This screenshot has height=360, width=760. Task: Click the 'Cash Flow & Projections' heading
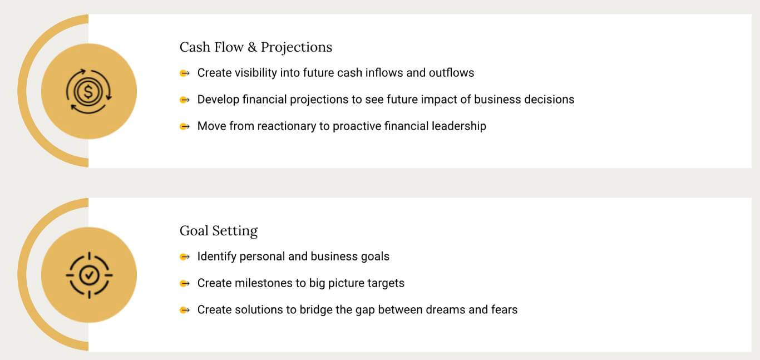(256, 47)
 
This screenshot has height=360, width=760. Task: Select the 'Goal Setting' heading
(219, 231)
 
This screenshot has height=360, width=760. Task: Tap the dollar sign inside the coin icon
(88, 92)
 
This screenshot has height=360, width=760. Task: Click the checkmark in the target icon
(89, 275)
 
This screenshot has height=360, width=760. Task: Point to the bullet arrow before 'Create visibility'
(185, 73)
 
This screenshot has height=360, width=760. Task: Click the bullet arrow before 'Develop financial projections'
(185, 100)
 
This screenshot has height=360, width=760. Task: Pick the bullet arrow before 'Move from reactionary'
(185, 126)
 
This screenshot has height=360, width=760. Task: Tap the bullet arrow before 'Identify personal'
(185, 257)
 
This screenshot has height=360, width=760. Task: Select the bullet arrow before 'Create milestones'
(185, 283)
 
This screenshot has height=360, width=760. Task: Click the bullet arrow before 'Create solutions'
(185, 310)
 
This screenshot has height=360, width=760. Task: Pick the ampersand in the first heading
(252, 47)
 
